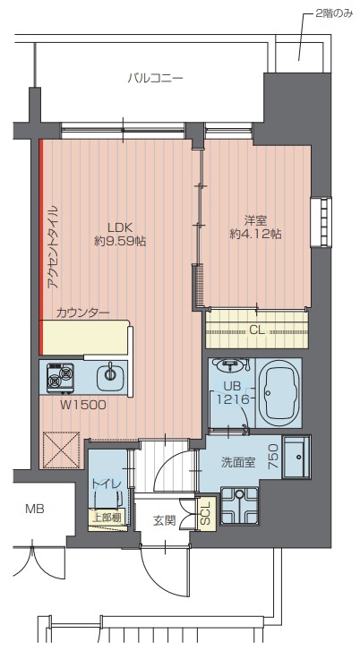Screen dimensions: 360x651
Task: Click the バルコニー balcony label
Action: click(156, 78)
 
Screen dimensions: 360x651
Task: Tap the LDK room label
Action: click(120, 227)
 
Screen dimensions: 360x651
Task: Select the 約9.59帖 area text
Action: click(120, 241)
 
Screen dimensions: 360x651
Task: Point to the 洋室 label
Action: click(256, 219)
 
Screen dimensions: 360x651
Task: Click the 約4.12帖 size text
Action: click(256, 234)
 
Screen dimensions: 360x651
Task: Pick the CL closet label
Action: click(257, 330)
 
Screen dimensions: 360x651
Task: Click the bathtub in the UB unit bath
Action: click(279, 392)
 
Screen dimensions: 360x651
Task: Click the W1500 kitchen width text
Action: click(83, 406)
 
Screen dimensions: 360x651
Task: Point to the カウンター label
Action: click(82, 313)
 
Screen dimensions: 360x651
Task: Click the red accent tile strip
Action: click(41, 246)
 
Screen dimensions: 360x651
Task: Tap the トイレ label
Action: click(107, 484)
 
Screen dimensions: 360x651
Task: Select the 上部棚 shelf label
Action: click(106, 518)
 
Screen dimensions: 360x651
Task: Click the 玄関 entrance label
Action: click(165, 520)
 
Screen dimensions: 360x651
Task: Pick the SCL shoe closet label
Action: click(206, 513)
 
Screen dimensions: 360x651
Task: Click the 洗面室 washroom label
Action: click(238, 463)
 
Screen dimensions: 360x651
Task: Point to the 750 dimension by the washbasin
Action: click(274, 457)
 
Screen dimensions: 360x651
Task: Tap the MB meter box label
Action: click(35, 509)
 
